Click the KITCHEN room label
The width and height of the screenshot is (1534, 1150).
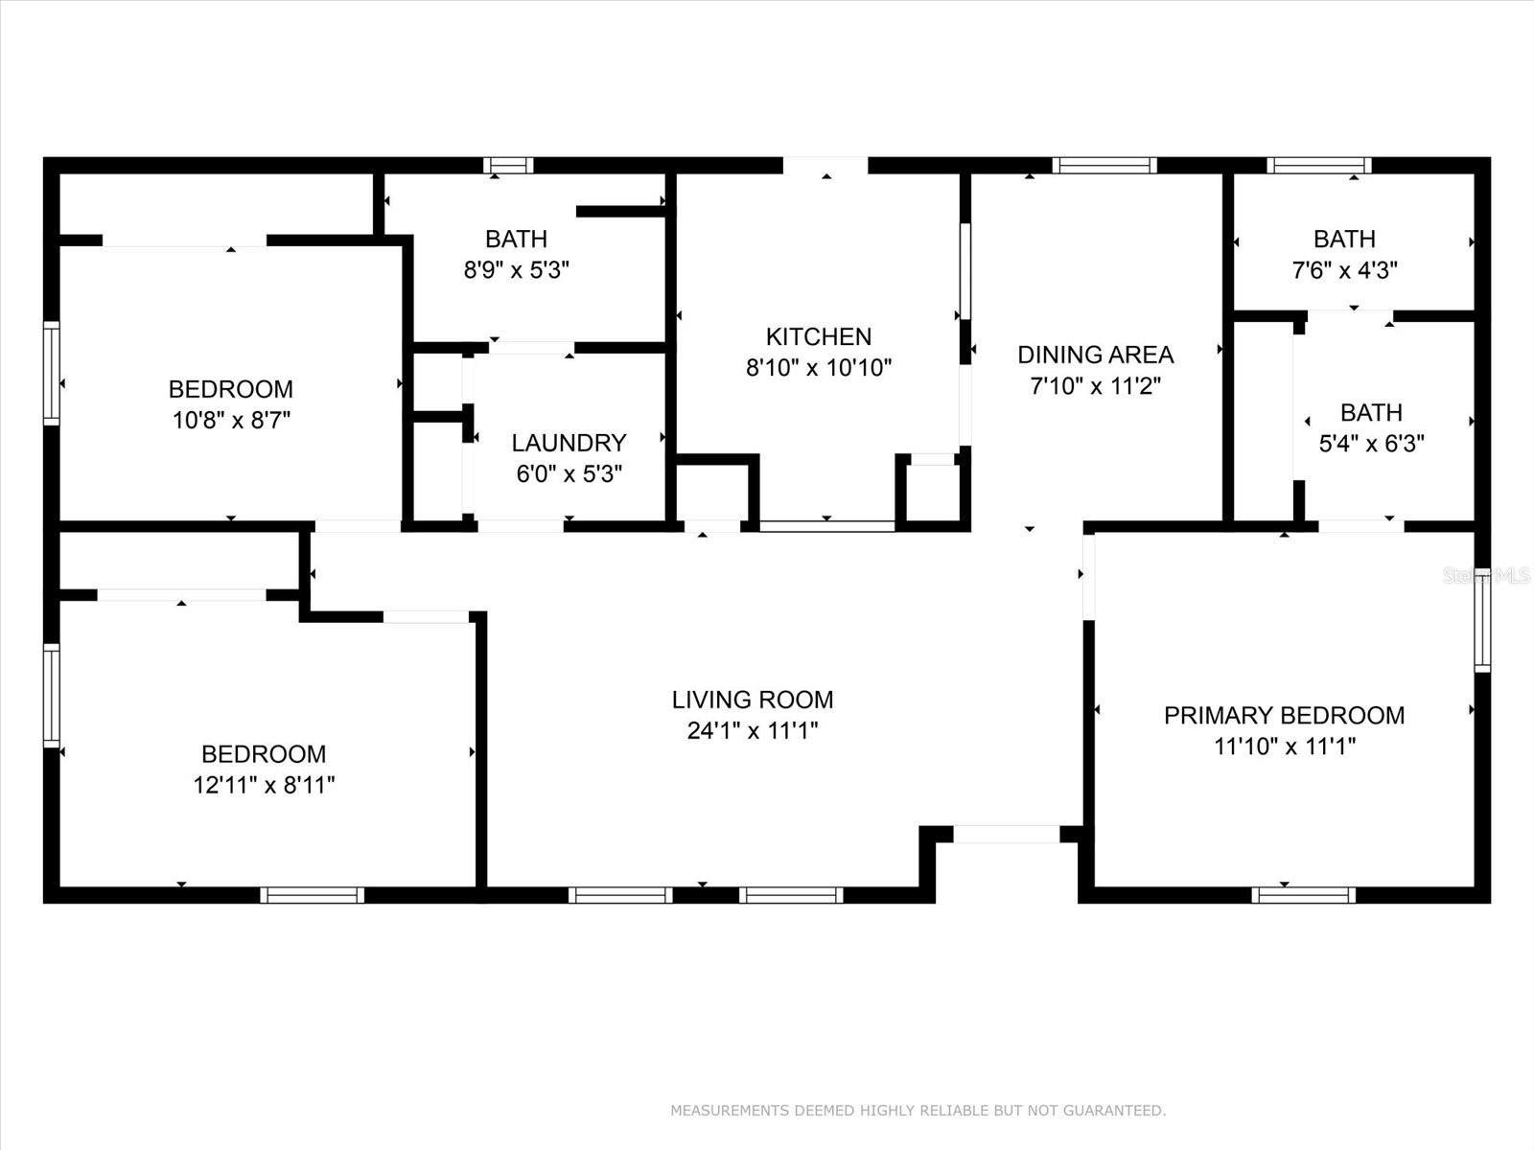(818, 336)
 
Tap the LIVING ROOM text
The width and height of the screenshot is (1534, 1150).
(752, 700)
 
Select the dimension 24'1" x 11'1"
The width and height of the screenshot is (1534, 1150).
(752, 731)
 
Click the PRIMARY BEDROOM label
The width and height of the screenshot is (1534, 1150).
(1284, 715)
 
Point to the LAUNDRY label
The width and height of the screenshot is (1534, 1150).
(569, 443)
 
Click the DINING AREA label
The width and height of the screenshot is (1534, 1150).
(1095, 355)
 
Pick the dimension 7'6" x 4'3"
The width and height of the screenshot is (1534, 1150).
(1344, 270)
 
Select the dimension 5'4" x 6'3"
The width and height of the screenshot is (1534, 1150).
(1371, 444)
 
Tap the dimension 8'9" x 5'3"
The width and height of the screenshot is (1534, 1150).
(516, 270)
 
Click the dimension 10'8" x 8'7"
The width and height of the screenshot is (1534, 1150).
(231, 420)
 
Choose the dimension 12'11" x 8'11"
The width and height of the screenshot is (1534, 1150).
(264, 785)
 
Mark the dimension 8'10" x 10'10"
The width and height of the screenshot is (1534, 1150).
(818, 367)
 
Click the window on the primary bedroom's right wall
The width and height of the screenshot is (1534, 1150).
(1482, 619)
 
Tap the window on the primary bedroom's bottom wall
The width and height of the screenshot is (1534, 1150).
(1303, 895)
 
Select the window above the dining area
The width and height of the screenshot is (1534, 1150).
(1104, 166)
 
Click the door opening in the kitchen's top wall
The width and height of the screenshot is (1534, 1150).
(825, 166)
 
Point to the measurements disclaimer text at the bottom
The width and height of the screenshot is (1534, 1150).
(918, 1111)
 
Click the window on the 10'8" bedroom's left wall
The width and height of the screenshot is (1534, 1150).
(52, 374)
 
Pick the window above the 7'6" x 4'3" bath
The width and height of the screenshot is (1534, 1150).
(1318, 166)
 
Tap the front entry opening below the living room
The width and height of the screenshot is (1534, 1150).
(1007, 835)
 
